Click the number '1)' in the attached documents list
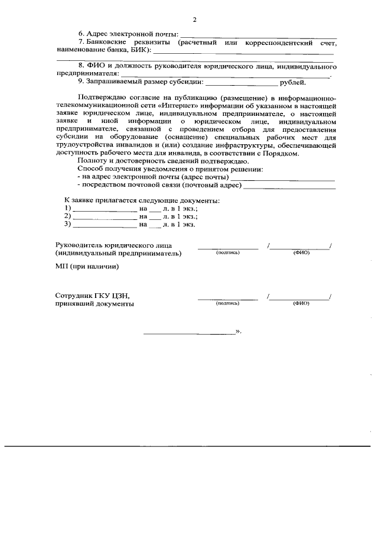(x=67, y=209)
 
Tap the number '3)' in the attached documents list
(x=67, y=224)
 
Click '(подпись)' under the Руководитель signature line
(x=227, y=253)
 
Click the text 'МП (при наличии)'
(x=87, y=267)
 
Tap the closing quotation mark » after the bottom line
(x=237, y=333)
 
